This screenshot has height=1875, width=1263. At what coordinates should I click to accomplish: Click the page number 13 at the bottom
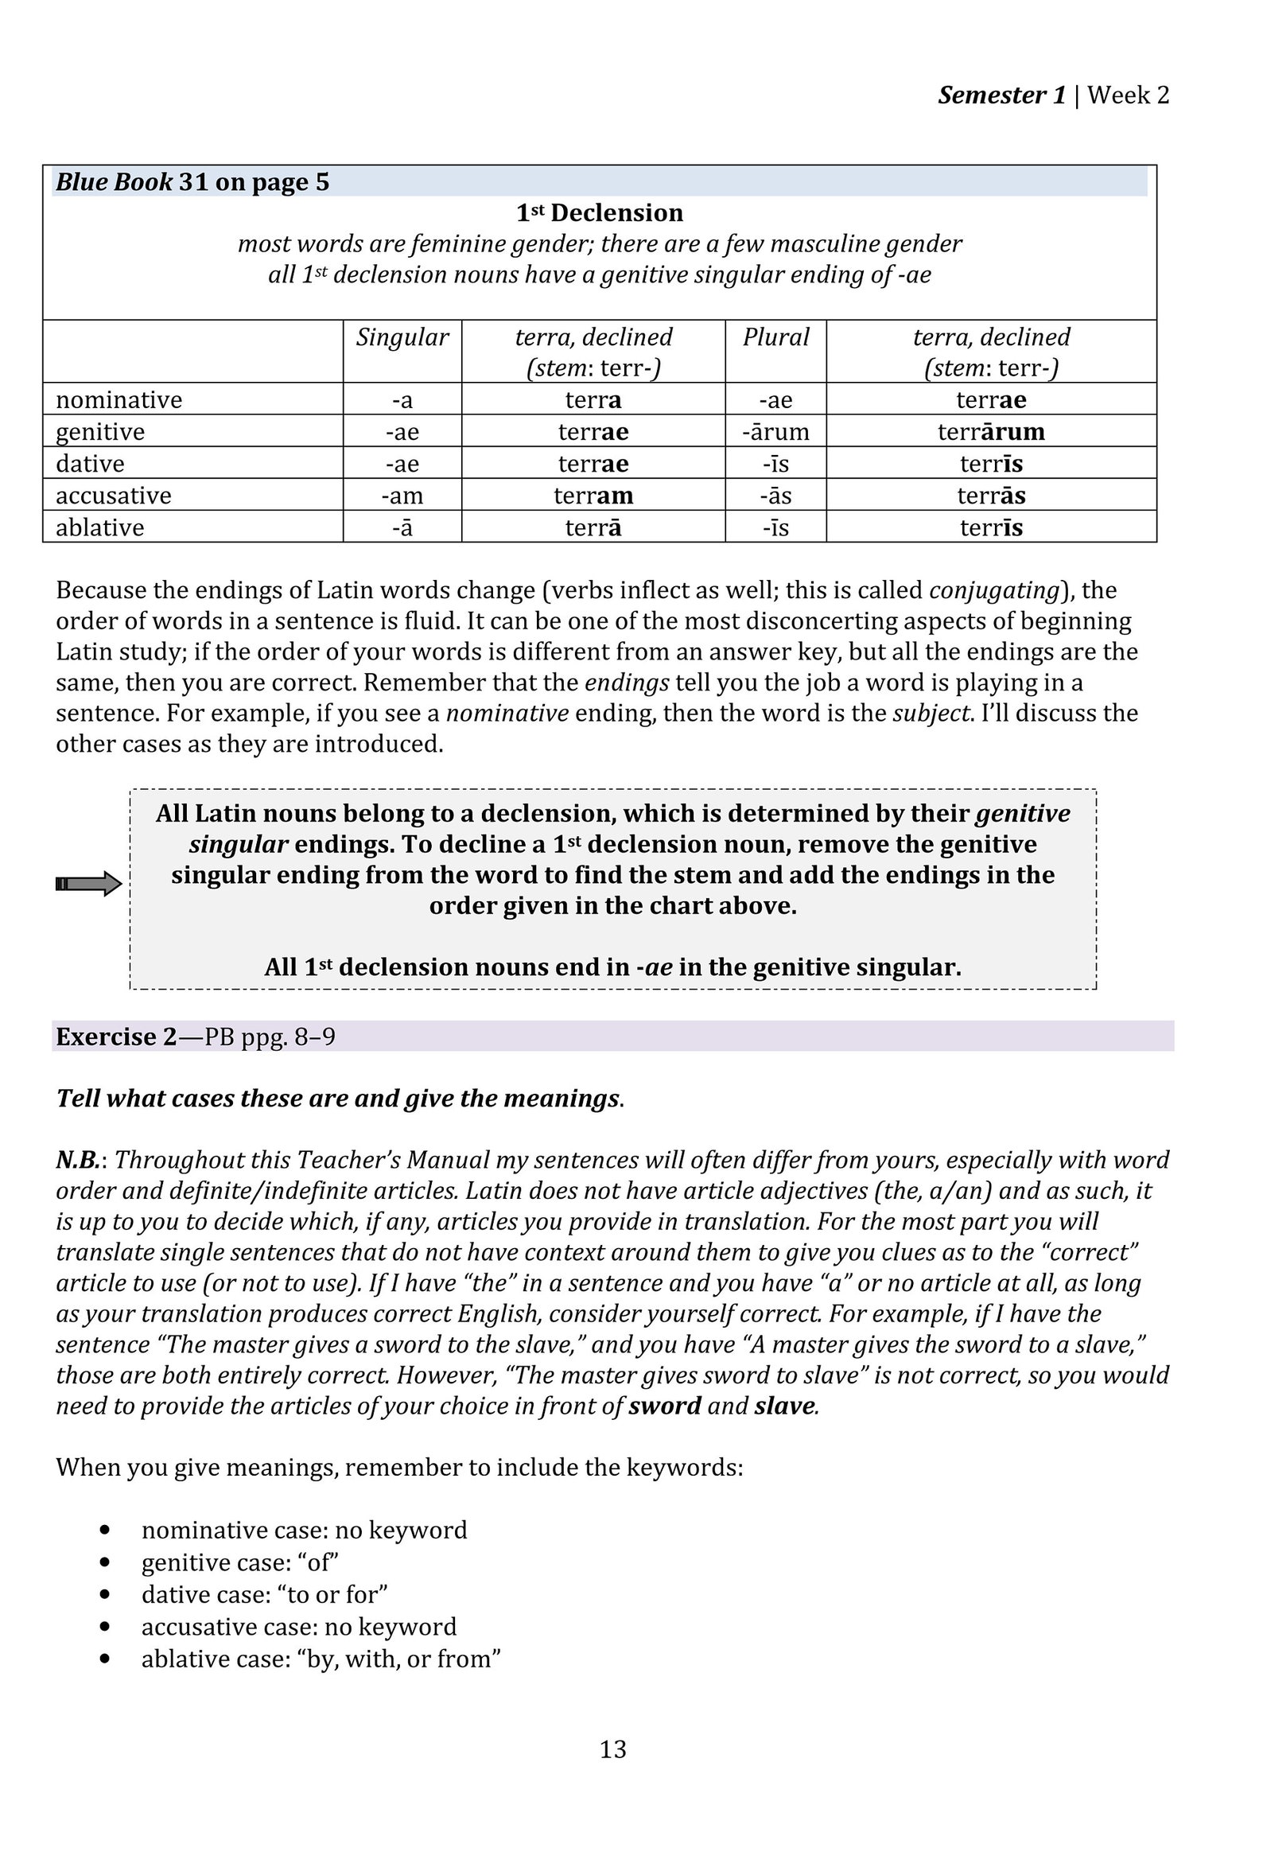612,1749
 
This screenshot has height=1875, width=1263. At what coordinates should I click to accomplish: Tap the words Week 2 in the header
1128,95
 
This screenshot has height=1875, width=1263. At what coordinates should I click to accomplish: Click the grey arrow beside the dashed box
88,885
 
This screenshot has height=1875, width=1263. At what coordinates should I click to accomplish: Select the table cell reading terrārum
991,432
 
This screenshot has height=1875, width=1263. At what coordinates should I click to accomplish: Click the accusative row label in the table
114,496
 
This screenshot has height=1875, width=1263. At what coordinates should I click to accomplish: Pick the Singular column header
402,336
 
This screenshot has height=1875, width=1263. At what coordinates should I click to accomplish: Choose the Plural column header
775,336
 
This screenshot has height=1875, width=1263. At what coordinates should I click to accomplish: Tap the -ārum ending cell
775,432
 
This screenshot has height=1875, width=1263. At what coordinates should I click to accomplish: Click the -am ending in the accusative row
402,496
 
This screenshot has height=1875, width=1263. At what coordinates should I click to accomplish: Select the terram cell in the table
593,496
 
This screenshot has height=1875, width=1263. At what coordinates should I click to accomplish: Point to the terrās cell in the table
991,496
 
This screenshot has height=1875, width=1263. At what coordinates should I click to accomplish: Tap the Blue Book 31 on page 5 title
192,182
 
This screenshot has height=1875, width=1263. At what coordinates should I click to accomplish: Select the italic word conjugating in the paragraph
994,590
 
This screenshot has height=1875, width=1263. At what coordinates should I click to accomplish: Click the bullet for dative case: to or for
264,1594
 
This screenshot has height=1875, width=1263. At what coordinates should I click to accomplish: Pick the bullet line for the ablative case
321,1659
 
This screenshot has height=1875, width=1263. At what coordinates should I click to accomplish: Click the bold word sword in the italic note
665,1406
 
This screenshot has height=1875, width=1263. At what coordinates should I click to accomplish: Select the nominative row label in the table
119,399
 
